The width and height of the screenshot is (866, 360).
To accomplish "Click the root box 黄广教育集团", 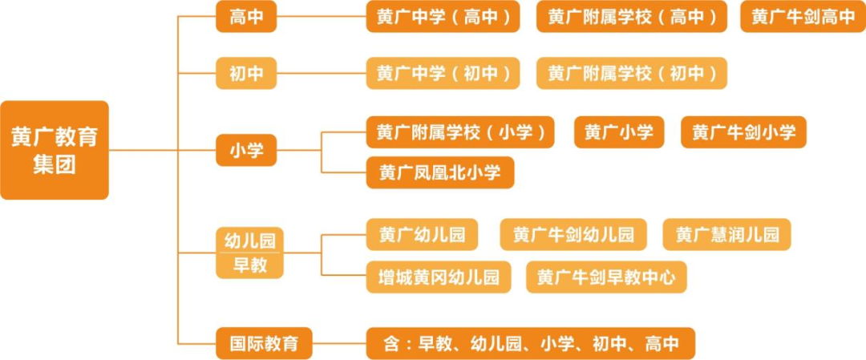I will pos(55,150).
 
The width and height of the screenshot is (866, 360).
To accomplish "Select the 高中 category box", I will pos(246,17).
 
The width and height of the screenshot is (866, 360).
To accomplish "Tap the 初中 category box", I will pos(246,74).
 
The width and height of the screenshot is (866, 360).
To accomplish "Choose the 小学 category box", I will pos(246,150).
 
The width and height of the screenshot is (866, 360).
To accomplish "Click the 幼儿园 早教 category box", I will pos(249,253).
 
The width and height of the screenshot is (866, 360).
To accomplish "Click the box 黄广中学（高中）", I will pos(443,17).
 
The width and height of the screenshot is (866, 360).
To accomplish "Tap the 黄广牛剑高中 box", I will pos(803,17).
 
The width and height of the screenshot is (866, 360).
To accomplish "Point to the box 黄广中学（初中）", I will pos(443,74).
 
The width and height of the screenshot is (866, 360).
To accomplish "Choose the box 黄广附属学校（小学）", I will pos(460,132).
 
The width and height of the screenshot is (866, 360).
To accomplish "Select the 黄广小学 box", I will pos(619,132).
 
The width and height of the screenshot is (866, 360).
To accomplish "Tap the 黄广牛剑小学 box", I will pos(743,132).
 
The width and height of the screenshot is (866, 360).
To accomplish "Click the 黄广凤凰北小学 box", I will pos(440,172).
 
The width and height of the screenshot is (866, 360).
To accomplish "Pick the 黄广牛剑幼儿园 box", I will pos(573,235).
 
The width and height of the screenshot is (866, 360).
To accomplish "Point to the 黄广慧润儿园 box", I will pos(726,235).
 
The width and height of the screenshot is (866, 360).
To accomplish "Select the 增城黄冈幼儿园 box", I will pos(439,277).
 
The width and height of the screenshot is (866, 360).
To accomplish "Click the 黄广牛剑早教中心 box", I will pos(606,277).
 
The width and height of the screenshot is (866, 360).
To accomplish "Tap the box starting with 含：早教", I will pos(530,343).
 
